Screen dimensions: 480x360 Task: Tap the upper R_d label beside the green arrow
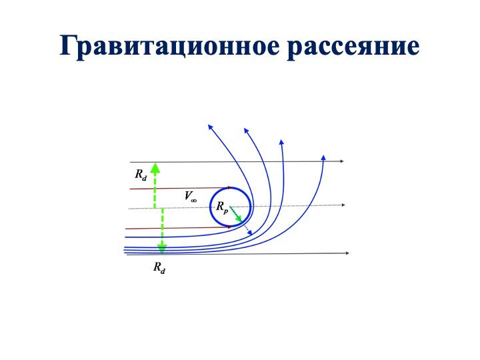[x=141, y=175]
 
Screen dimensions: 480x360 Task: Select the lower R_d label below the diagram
[x=159, y=267]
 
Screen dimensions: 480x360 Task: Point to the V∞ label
[x=191, y=195]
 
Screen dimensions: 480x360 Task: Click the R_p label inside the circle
[x=222, y=207]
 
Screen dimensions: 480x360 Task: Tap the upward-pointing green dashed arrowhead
[x=155, y=168]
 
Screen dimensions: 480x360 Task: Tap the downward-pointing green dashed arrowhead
[x=162, y=249]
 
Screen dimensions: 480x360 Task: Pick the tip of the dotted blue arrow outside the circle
[x=251, y=235]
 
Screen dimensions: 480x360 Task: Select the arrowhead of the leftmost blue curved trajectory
[x=209, y=126]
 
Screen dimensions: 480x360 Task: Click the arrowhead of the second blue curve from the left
[x=245, y=130]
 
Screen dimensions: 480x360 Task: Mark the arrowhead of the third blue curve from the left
[x=281, y=141]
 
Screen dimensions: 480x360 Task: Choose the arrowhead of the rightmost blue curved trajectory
[x=323, y=157]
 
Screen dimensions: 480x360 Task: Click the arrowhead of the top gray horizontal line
[x=342, y=161]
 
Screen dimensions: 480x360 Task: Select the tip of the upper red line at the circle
[x=229, y=187]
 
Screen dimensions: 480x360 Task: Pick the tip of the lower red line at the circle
[x=231, y=227]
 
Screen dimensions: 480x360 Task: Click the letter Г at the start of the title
[x=67, y=45]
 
